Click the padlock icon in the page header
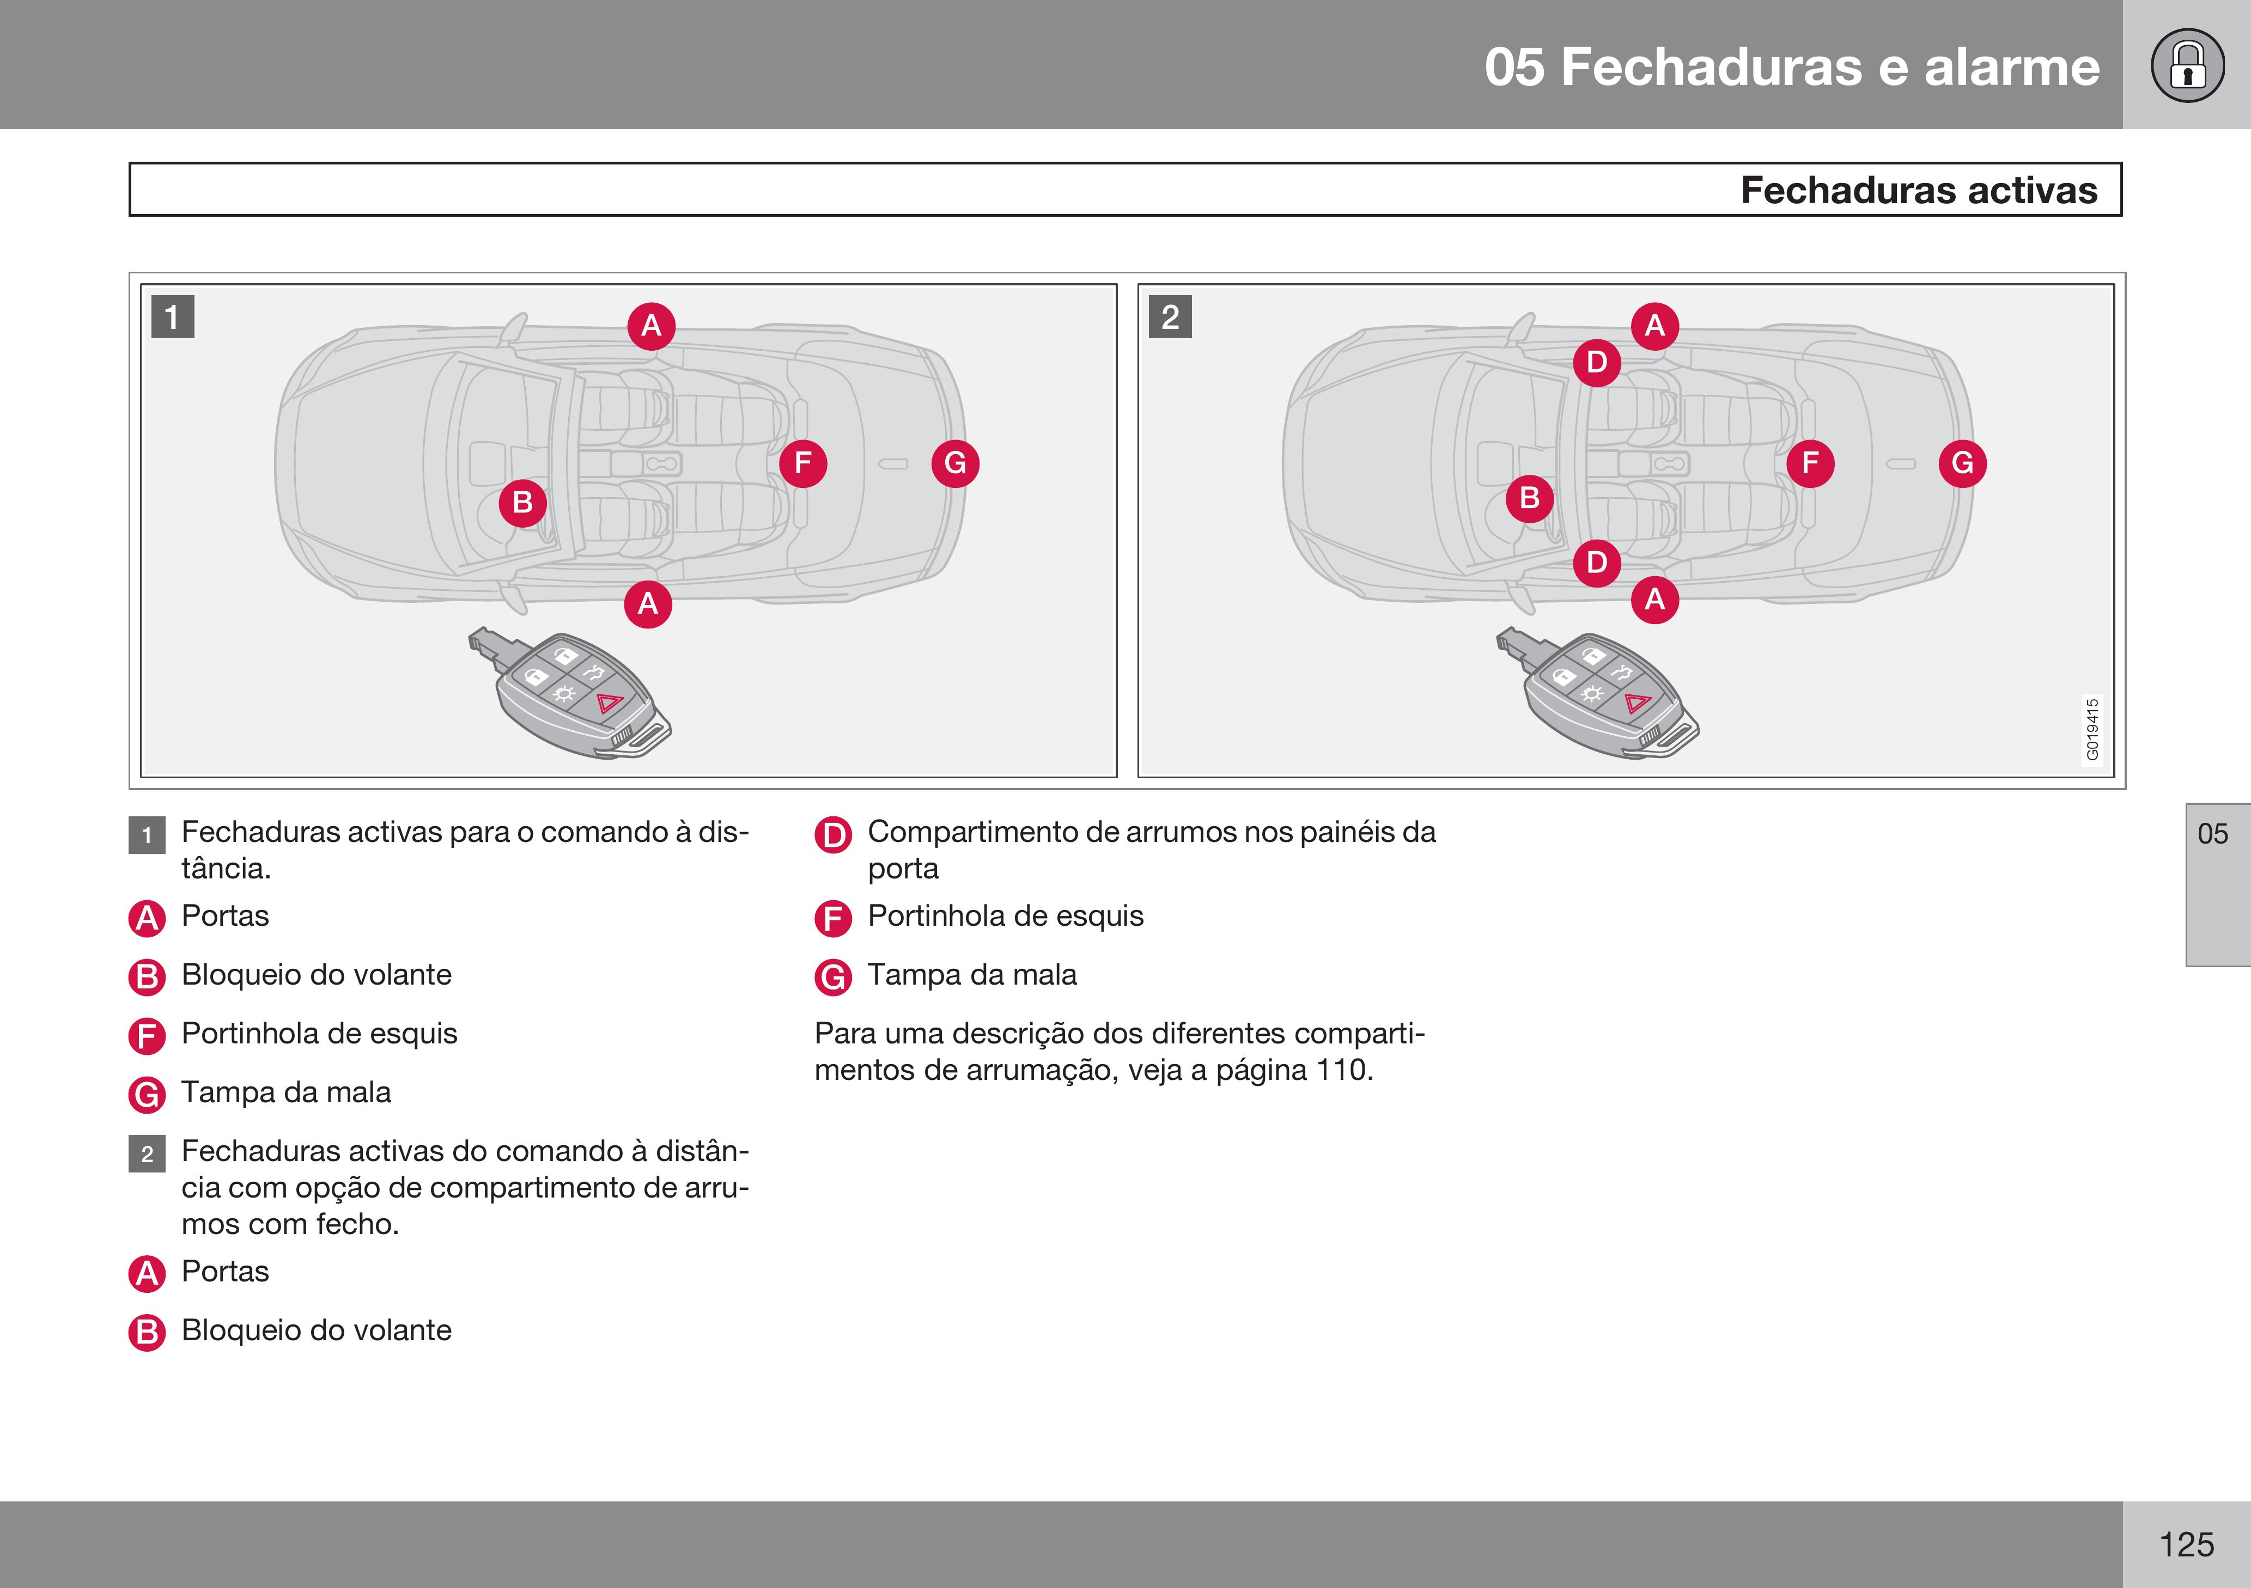2187,66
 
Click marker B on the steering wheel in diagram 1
522,503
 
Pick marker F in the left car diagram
803,463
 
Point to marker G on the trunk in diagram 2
1962,463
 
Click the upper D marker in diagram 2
1596,363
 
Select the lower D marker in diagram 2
1596,563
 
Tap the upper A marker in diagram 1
651,326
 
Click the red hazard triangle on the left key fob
610,703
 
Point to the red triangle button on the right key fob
1637,703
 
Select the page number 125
2186,1545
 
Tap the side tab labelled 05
2213,834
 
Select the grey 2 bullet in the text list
147,1154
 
